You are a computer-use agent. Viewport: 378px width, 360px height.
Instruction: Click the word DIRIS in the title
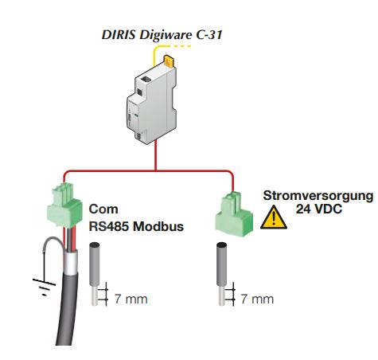[x=119, y=34]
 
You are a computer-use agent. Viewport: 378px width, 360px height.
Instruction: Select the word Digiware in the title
[x=166, y=36]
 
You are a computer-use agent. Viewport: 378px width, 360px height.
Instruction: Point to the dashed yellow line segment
[x=181, y=46]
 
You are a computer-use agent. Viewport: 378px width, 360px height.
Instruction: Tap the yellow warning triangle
[x=274, y=217]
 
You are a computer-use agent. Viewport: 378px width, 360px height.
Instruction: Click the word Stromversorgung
[x=318, y=196]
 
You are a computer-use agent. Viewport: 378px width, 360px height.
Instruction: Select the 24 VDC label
[x=319, y=209]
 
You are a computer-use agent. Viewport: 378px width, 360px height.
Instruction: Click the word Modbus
[x=158, y=226]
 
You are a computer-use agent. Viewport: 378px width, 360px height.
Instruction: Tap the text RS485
[x=109, y=226]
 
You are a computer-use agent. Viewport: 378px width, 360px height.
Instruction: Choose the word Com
[x=103, y=209]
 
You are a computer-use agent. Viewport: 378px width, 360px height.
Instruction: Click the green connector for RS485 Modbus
[x=64, y=205]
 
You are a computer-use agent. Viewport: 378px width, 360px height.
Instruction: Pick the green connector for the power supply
[x=234, y=214]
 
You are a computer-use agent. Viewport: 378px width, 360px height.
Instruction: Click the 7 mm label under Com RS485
[x=131, y=299]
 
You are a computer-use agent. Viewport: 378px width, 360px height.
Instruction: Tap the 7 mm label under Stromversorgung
[x=257, y=299]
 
